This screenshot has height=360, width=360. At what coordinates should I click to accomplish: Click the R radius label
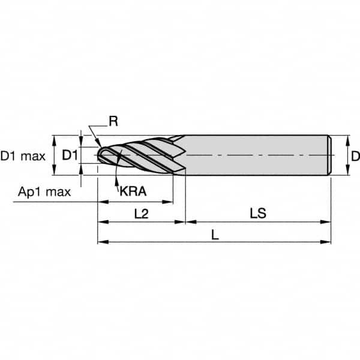click(x=113, y=122)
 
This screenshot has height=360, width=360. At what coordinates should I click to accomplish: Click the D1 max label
click(x=23, y=157)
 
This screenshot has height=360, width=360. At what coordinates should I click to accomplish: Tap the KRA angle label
click(x=133, y=192)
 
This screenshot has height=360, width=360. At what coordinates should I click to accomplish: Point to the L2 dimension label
click(x=141, y=213)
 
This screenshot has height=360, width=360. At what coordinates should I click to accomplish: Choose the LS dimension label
click(x=257, y=213)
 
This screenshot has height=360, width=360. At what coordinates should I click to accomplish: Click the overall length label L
click(x=215, y=236)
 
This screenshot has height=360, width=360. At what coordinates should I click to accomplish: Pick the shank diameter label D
click(x=355, y=157)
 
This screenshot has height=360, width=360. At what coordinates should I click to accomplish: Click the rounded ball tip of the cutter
click(x=103, y=156)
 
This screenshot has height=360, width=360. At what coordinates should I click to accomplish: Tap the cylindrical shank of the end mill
click(x=258, y=155)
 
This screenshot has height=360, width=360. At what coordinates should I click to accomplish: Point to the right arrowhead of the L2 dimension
click(x=181, y=222)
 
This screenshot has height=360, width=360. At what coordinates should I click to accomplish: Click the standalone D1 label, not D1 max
click(x=70, y=156)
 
